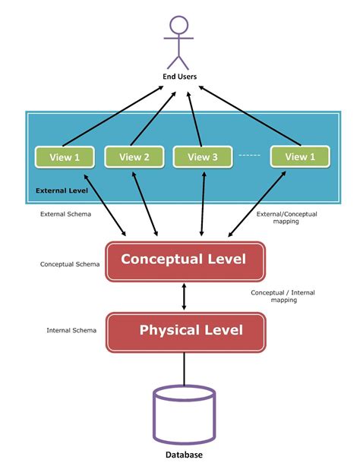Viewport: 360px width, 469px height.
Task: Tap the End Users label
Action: tap(179, 77)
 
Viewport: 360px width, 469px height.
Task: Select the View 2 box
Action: tap(134, 157)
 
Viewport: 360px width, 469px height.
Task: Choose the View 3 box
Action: tap(203, 157)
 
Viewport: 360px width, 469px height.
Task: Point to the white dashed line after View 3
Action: tap(250, 155)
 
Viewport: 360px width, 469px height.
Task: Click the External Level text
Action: tap(62, 190)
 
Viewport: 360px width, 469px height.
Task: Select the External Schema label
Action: tap(65, 214)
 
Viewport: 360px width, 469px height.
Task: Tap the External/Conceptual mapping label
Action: tap(286, 218)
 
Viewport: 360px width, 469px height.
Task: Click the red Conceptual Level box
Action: tap(185, 262)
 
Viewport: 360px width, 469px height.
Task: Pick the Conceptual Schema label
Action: tap(70, 264)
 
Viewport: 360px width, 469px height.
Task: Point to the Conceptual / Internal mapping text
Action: tap(283, 296)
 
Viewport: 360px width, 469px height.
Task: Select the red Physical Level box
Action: tap(186, 332)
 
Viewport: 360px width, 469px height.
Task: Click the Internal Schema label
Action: tap(71, 330)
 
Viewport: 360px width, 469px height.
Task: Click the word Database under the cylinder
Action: tap(184, 455)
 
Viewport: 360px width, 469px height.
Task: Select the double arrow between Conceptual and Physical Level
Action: tap(184, 297)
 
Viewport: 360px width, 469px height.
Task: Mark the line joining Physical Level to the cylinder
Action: tap(184, 369)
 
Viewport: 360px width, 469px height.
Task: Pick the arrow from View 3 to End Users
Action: tap(194, 118)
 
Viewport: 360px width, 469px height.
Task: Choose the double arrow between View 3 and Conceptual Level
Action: tap(203, 203)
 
